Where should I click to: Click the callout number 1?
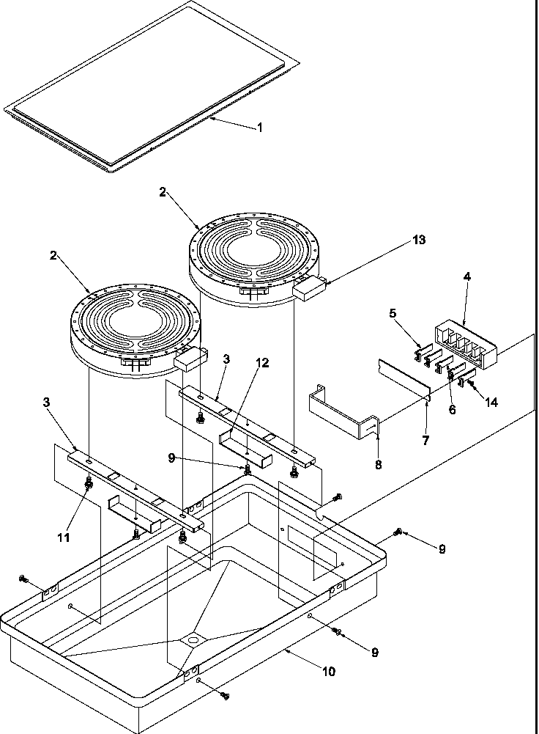[x=259, y=127]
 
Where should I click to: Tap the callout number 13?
[x=418, y=240]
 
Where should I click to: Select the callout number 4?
[x=466, y=276]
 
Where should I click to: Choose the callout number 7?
[x=425, y=441]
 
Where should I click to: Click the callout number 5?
[x=393, y=313]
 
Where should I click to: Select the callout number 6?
[x=452, y=410]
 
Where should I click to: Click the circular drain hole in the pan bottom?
[x=194, y=642]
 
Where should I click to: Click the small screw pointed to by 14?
[x=472, y=382]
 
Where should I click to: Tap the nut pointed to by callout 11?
[x=89, y=485]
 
